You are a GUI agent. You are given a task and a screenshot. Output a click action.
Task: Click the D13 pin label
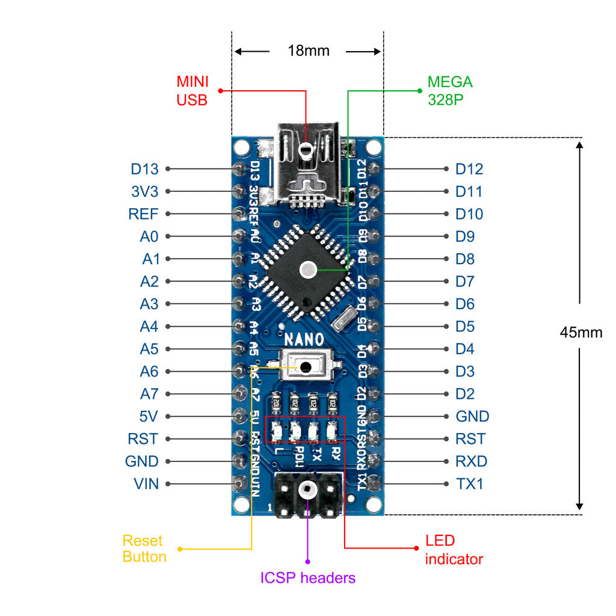pyautogui.click(x=144, y=169)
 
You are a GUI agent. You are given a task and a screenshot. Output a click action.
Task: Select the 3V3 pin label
pyautogui.click(x=144, y=192)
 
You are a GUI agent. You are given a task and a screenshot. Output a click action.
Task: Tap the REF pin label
pyautogui.click(x=143, y=214)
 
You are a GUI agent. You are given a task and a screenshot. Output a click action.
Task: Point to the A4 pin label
pyautogui.click(x=149, y=327)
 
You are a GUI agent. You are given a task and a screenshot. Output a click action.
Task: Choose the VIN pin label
pyautogui.click(x=146, y=484)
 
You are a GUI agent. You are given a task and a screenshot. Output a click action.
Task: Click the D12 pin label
pyautogui.click(x=469, y=169)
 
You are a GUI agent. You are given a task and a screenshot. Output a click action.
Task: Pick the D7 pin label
pyautogui.click(x=465, y=282)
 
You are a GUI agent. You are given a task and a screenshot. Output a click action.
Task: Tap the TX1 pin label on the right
pyautogui.click(x=470, y=484)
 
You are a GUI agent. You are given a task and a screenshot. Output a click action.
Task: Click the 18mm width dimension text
pyautogui.click(x=308, y=51)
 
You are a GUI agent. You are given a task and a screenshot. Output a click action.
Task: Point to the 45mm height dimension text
pyautogui.click(x=581, y=333)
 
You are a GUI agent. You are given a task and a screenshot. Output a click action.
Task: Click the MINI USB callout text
pyautogui.click(x=192, y=91)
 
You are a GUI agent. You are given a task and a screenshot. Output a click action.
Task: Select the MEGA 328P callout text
pyautogui.click(x=449, y=91)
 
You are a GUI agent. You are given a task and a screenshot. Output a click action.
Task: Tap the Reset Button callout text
pyautogui.click(x=144, y=549)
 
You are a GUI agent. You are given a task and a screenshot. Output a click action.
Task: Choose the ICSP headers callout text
pyautogui.click(x=307, y=578)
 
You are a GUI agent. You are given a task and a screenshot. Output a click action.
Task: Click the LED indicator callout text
pyautogui.click(x=454, y=550)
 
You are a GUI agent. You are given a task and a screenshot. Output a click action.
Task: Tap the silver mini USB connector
pyautogui.click(x=307, y=162)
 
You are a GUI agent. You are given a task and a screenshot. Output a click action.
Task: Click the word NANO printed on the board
pyautogui.click(x=304, y=339)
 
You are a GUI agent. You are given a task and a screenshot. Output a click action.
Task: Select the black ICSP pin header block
pyautogui.click(x=308, y=495)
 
